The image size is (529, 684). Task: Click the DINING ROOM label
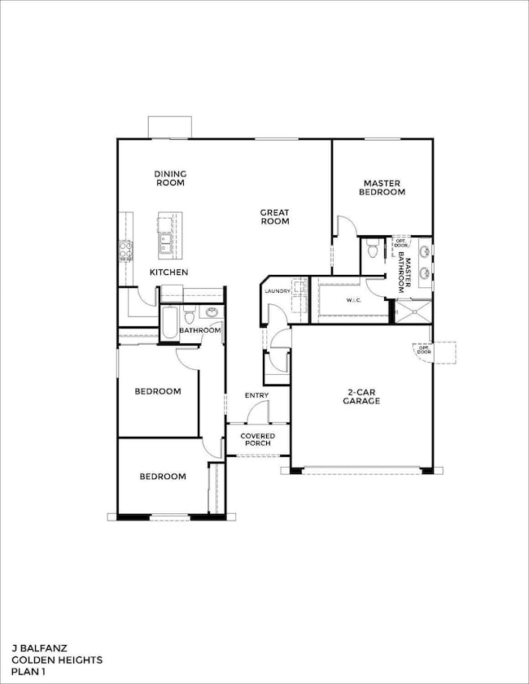tap(171, 178)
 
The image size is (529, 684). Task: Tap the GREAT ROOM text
tap(274, 217)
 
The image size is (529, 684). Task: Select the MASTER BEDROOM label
tap(384, 188)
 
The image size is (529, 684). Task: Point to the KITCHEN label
tap(168, 272)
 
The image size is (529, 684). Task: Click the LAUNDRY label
tap(277, 290)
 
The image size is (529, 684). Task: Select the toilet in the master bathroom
tap(372, 251)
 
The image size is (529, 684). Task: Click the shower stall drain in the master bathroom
tap(413, 311)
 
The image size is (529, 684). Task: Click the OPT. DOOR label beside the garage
tap(422, 348)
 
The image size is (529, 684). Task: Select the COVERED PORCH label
tap(258, 440)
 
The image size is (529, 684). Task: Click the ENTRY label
tap(256, 395)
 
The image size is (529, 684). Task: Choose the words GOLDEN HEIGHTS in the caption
tap(57, 660)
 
